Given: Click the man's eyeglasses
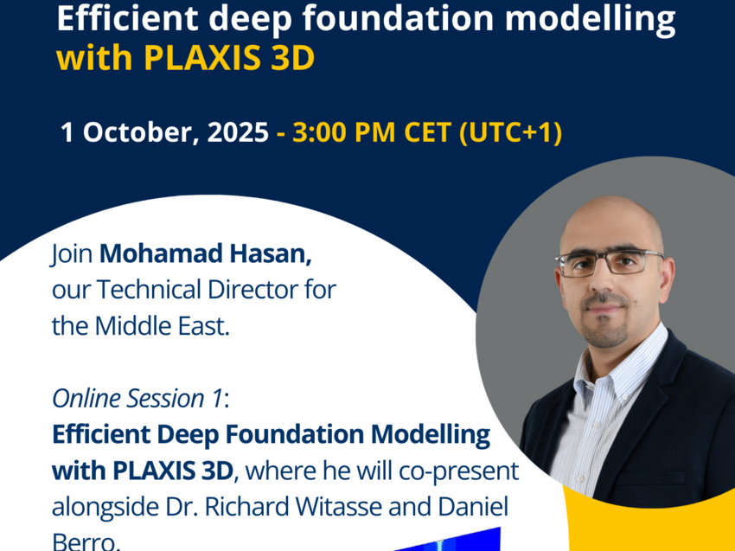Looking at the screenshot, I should (609, 262).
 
